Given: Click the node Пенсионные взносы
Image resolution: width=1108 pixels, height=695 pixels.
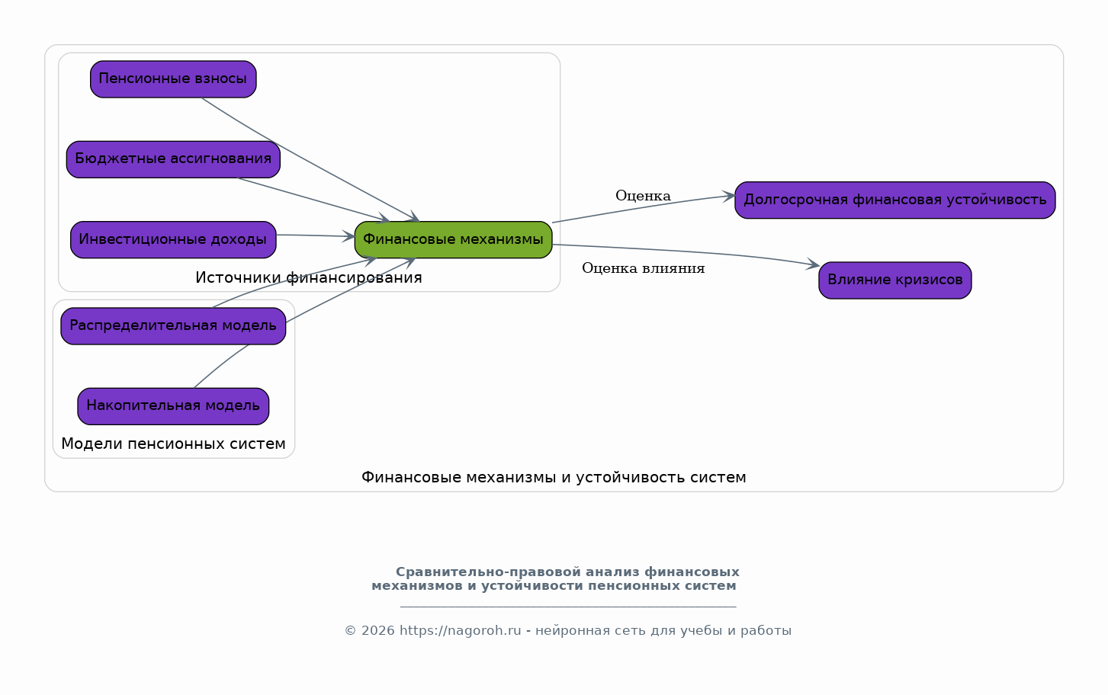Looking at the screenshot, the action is pyautogui.click(x=173, y=79).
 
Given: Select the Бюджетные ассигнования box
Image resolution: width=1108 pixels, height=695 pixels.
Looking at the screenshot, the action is pyautogui.click(x=173, y=159).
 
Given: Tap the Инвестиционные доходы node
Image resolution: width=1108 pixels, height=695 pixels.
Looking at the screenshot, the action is pyautogui.click(x=173, y=240).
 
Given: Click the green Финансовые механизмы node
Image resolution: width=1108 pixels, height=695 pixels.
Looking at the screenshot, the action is pyautogui.click(x=453, y=240).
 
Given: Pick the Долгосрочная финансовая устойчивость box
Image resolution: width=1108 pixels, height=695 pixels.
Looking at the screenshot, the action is pyautogui.click(x=894, y=200).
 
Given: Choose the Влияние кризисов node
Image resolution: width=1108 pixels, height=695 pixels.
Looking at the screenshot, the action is pyautogui.click(x=894, y=280).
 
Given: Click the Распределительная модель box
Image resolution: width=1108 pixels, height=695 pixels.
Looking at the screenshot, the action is pyautogui.click(x=173, y=326).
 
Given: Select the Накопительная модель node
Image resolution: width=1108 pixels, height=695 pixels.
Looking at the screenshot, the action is pyautogui.click(x=173, y=406).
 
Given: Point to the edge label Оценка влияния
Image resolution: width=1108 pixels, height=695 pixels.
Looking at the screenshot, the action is pyautogui.click(x=643, y=268).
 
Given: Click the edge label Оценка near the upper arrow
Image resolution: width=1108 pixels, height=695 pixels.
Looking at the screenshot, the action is pyautogui.click(x=643, y=196).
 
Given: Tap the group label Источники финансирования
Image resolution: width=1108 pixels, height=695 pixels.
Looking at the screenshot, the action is pyautogui.click(x=309, y=278).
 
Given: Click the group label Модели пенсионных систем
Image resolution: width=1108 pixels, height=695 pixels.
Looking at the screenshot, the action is pyautogui.click(x=173, y=444).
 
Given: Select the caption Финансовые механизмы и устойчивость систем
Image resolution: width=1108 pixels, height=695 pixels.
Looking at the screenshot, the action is pyautogui.click(x=554, y=478).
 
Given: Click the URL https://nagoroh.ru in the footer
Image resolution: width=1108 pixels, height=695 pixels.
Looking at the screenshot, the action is pyautogui.click(x=460, y=631).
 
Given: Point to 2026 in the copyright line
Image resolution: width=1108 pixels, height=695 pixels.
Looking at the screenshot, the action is pyautogui.click(x=378, y=631).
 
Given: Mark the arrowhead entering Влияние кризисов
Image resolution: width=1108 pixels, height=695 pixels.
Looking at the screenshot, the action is pyautogui.click(x=813, y=264).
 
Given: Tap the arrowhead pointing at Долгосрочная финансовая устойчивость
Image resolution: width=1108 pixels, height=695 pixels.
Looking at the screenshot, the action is pyautogui.click(x=728, y=197).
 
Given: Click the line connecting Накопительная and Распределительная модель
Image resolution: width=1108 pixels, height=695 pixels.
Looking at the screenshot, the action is pyautogui.click(x=220, y=366).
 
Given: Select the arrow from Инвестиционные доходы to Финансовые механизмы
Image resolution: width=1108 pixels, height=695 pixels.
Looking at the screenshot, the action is pyautogui.click(x=316, y=235).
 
